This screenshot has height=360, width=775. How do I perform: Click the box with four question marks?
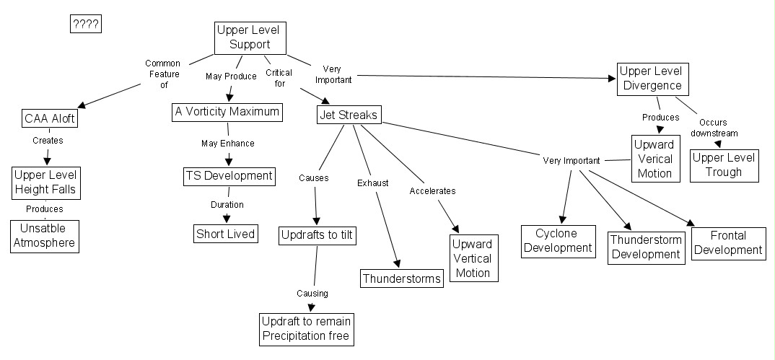tap(85, 25)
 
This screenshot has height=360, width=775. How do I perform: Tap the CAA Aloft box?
tap(49, 119)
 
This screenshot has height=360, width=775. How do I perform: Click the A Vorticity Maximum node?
tap(227, 113)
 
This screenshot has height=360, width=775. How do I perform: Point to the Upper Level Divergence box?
tap(649, 79)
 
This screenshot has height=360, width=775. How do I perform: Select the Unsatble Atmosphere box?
tap(43, 235)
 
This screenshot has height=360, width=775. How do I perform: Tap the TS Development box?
tap(228, 176)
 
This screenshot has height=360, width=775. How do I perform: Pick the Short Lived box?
tap(225, 234)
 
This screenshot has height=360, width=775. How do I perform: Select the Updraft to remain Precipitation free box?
tap(307, 328)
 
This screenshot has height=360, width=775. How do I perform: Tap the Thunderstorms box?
tap(401, 278)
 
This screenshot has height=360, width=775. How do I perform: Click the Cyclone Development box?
tap(559, 241)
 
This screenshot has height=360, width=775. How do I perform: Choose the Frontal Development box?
tap(728, 243)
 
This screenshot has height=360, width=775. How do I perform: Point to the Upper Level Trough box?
tap(724, 165)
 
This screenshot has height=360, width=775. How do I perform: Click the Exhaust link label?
tap(373, 183)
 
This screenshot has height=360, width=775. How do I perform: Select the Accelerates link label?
tap(432, 191)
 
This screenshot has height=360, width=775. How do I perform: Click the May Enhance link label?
tap(227, 144)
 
